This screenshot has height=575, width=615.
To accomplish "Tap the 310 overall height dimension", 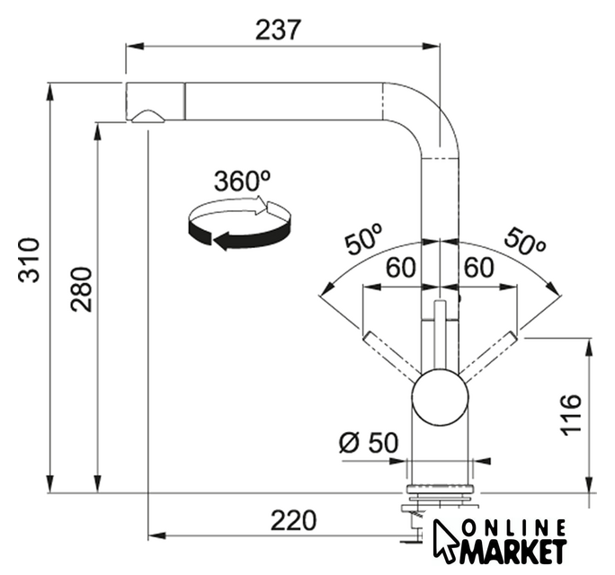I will pos(31,260).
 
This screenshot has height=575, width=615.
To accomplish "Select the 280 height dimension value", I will pos(82,288).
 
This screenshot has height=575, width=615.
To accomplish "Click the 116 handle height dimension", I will pos(570,414).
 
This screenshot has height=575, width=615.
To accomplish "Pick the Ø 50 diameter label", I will pos(368,442).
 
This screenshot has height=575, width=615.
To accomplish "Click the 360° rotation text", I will pos(242,181).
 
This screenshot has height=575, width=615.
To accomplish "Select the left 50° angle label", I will pos(361,241).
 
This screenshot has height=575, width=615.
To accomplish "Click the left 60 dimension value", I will pos(400,268).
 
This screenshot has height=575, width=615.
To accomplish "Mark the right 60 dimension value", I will pos(479,268).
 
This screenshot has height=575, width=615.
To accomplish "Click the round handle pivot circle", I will pos(439,393).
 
